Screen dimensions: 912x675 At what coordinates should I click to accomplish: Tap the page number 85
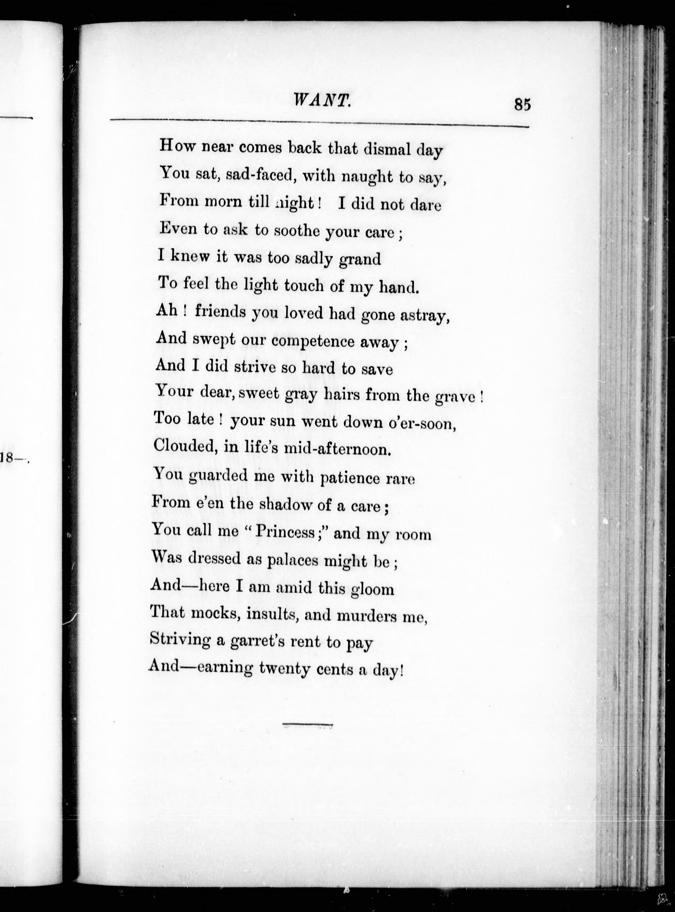pyautogui.click(x=523, y=105)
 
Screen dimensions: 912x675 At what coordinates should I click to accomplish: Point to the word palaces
pyautogui.click(x=292, y=561)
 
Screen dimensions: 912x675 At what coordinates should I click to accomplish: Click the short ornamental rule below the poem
pyautogui.click(x=308, y=726)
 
